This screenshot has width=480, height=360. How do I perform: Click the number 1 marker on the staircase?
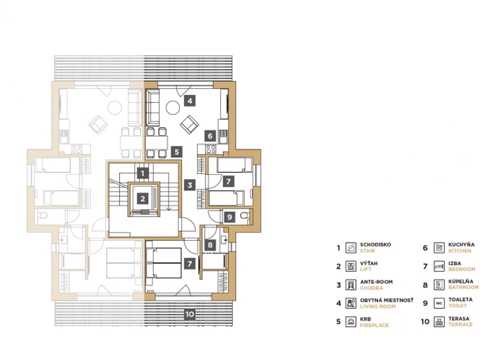(143, 173)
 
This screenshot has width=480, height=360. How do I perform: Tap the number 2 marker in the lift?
(143, 199)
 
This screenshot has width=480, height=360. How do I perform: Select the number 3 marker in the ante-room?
(190, 185)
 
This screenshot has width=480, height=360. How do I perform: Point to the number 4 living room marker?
(190, 100)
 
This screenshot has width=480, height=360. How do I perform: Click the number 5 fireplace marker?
(176, 152)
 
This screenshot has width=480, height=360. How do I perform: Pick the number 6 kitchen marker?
(210, 136)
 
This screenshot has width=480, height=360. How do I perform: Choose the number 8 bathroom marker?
(210, 245)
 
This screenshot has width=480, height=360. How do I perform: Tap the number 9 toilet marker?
(230, 217)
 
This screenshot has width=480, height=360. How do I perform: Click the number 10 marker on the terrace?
(190, 314)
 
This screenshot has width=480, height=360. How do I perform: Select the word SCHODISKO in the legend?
(376, 245)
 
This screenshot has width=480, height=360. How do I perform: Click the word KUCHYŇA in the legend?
(461, 245)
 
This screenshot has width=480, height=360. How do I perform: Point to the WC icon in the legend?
(439, 303)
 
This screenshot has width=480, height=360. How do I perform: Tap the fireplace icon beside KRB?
(351, 322)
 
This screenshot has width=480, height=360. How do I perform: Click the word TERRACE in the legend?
(460, 325)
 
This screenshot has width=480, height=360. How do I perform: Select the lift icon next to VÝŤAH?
(351, 266)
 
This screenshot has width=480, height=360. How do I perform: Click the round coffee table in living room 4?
(173, 108)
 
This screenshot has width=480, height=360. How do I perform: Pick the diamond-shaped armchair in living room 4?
(190, 125)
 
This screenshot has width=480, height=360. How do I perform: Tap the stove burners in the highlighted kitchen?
(211, 149)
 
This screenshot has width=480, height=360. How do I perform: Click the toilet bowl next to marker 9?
(245, 216)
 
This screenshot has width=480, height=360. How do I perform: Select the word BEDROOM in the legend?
(461, 269)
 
